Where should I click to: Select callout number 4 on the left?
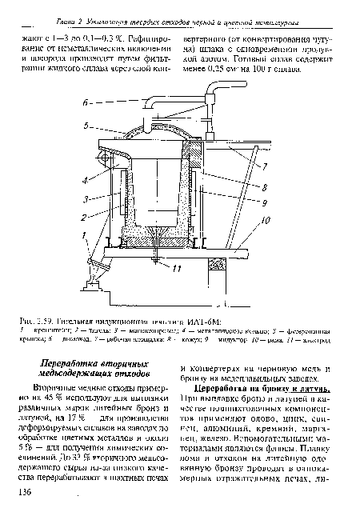click(x=86, y=169)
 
